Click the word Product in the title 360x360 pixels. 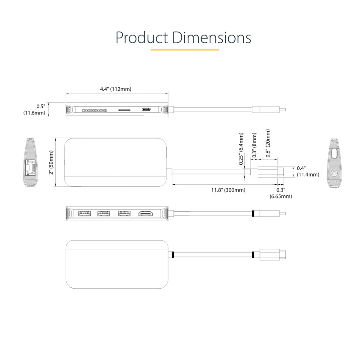pyautogui.click(x=142, y=38)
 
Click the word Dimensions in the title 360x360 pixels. pyautogui.click(x=212, y=37)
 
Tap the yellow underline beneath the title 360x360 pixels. pyautogui.click(x=185, y=50)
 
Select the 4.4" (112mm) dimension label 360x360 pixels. pyautogui.click(x=116, y=89)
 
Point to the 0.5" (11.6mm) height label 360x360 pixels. pyautogui.click(x=35, y=109)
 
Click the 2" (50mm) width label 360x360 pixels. pyautogui.click(x=51, y=162)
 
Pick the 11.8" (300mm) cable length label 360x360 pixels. pyautogui.click(x=228, y=190)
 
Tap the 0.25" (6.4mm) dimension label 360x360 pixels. pyautogui.click(x=241, y=149)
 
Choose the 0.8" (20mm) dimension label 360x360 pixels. pyautogui.click(x=268, y=143)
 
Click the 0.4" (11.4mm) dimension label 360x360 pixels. pyautogui.click(x=308, y=171)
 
